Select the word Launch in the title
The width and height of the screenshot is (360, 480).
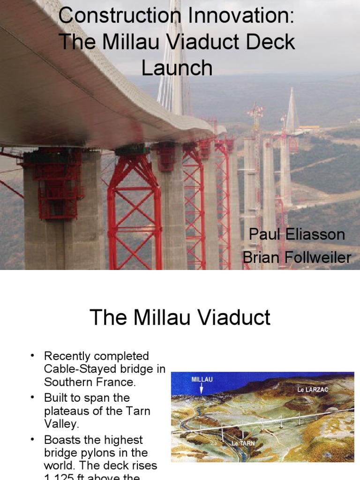pyautogui.click(x=177, y=68)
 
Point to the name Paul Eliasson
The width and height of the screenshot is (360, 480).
pyautogui.click(x=297, y=234)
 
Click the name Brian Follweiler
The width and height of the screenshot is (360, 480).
pyautogui.click(x=296, y=257)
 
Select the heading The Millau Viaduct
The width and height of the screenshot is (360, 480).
pyautogui.click(x=180, y=318)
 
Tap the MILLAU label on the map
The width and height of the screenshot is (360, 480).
pyautogui.click(x=202, y=379)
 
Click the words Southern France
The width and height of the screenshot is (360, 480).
pyautogui.click(x=90, y=382)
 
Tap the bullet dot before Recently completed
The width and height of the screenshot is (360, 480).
pyautogui.click(x=33, y=356)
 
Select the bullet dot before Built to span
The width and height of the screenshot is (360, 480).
pyautogui.click(x=33, y=397)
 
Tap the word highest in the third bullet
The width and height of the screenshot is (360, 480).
pyautogui.click(x=120, y=440)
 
